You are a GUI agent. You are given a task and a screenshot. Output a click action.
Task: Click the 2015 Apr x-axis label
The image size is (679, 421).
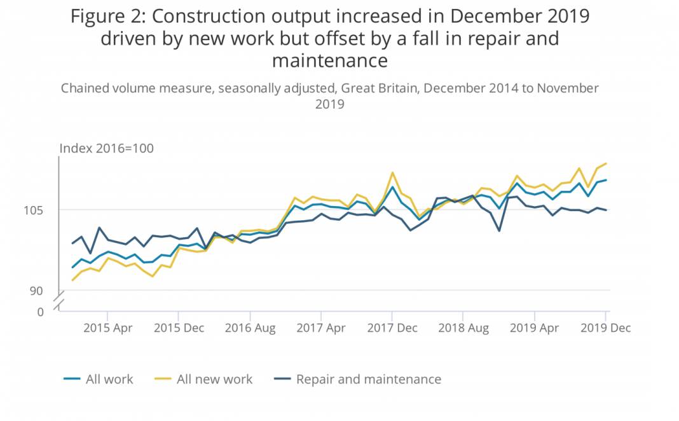pos(107,328)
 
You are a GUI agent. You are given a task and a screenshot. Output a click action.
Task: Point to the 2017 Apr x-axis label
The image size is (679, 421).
pos(321,328)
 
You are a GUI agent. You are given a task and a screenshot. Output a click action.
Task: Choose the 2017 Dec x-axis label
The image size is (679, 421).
pos(392,328)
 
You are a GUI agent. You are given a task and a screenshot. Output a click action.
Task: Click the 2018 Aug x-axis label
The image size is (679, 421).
pos(463,328)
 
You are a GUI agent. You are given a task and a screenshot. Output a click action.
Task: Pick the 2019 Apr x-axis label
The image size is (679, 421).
pos(535,328)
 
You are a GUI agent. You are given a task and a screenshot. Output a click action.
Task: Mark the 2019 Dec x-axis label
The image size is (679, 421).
pos(606,328)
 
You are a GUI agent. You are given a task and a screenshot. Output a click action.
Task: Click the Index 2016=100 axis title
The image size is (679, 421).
pos(106,148)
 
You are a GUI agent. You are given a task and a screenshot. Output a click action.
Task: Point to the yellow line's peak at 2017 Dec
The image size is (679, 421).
pos(392,173)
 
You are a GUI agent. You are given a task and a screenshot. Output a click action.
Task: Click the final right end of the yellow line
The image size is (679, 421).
pos(607,163)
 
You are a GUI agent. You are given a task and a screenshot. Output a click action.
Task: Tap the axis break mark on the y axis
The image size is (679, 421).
pos(59,301)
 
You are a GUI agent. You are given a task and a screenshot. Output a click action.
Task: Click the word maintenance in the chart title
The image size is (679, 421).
pos(329,60)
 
